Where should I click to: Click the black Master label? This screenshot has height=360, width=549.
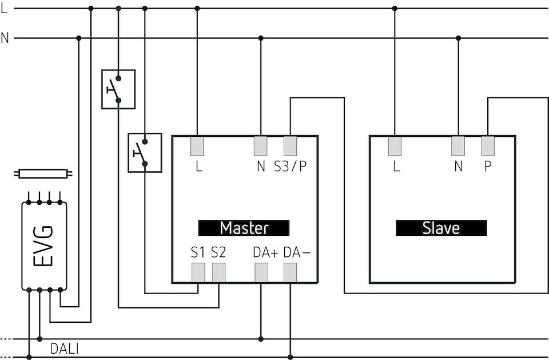[244, 228]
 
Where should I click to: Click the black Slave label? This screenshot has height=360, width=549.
[441, 228]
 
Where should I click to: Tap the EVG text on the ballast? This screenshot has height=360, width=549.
[43, 246]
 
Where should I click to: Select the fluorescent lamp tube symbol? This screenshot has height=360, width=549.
[43, 173]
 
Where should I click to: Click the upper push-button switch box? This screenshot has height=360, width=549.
[118, 89]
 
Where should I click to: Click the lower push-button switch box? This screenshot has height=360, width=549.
[145, 153]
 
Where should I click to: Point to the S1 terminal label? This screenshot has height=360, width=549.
[198, 253]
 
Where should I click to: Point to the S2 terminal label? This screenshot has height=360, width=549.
[218, 253]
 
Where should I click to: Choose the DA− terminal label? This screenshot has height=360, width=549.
[297, 253]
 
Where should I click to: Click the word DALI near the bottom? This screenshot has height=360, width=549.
[65, 349]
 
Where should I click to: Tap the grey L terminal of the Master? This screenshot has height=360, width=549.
[197, 147]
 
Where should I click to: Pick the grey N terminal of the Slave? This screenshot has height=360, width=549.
[458, 147]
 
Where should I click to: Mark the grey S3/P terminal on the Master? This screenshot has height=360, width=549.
[290, 147]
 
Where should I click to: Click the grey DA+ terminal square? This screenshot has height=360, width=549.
[261, 274]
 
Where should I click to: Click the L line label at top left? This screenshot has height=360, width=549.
[5, 9]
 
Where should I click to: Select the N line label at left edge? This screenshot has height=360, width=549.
[5, 38]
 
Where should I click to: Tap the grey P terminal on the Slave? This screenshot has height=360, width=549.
[487, 147]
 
